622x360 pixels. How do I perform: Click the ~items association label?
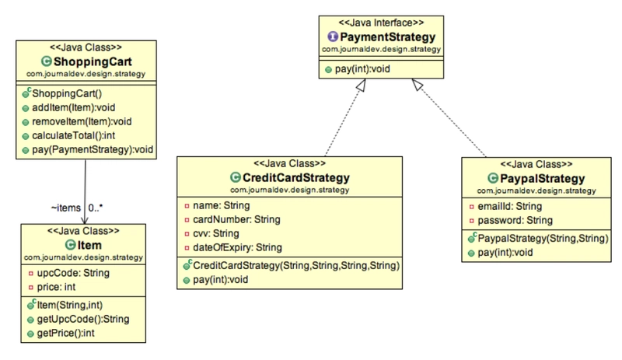click(65, 208)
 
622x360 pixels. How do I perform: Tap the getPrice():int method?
click(70, 333)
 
